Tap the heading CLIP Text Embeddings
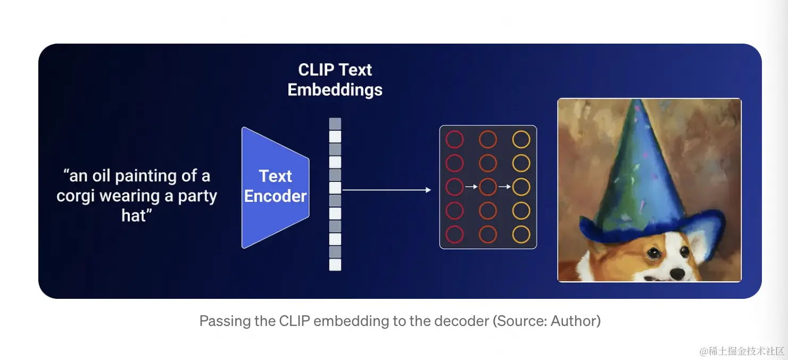335,80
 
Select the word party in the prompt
197,196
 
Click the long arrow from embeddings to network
386,190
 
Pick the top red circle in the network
454,140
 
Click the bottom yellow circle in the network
521,235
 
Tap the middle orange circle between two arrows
488,187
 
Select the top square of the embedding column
335,124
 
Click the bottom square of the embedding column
335,264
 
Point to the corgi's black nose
677,273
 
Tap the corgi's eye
654,254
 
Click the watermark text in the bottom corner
742,351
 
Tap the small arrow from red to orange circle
471,187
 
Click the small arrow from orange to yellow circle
504,187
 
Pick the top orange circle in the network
488,140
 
